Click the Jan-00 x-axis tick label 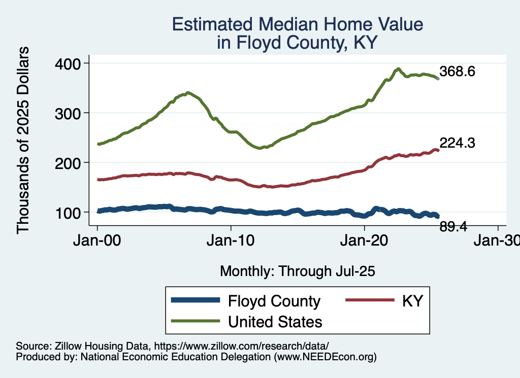pyautogui.click(x=97, y=241)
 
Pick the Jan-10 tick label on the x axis pyautogui.click(x=231, y=241)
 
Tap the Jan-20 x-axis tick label pyautogui.click(x=365, y=241)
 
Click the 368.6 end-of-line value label pyautogui.click(x=457, y=72)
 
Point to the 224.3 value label pyautogui.click(x=457, y=144)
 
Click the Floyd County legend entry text pyautogui.click(x=274, y=301)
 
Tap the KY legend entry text pyautogui.click(x=412, y=301)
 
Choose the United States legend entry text pyautogui.click(x=275, y=321)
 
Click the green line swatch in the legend pyautogui.click(x=196, y=321)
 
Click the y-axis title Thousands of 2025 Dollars pyautogui.click(x=23, y=140)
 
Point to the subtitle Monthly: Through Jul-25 pyautogui.click(x=297, y=271)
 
